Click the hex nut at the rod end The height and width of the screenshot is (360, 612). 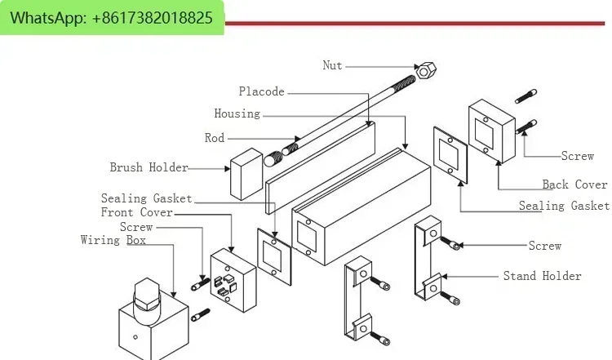click(x=424, y=70)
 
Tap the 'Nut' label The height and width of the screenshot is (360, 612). click(x=332, y=65)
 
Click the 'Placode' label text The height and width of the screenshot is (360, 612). click(x=261, y=91)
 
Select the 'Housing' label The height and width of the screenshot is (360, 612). click(x=237, y=113)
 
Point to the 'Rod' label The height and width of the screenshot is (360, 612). click(x=215, y=138)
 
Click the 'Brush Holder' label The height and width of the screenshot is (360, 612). click(x=149, y=167)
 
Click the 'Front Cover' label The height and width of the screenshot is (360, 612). click(x=137, y=212)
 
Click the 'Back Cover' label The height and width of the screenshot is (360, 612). click(x=574, y=184)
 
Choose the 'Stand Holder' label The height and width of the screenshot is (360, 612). click(x=542, y=276)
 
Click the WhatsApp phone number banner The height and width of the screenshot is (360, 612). click(x=113, y=18)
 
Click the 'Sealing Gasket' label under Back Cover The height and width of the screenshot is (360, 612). click(x=564, y=206)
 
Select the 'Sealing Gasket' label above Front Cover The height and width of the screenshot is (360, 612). click(x=146, y=198)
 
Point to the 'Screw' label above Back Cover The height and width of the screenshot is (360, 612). click(x=577, y=155)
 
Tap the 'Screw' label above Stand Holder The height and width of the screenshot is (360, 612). click(x=544, y=245)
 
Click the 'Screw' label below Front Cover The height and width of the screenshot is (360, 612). click(x=135, y=226)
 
